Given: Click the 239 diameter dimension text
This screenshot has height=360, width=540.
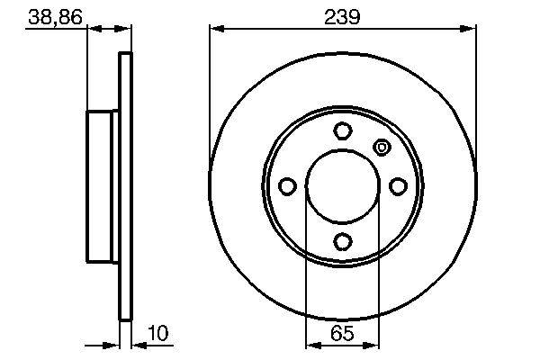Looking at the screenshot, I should pos(342,15).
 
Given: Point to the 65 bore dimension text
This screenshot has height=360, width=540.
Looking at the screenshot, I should pos(342,334).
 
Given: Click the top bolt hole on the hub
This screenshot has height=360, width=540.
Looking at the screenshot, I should pos(342,131).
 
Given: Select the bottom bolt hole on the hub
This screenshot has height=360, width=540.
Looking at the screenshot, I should pos(342,240).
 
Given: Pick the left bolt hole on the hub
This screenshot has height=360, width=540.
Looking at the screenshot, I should pos(287,186).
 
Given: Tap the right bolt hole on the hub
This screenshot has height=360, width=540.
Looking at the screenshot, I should pos(397,186).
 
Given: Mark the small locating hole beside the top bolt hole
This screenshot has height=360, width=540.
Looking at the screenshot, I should pos(381,147).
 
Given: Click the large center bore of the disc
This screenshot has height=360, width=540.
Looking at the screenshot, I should pos(342,186).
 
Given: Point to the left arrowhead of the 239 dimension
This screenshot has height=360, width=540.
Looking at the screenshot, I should pos(216,29).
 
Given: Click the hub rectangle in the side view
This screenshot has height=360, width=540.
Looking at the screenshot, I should pos(102,186).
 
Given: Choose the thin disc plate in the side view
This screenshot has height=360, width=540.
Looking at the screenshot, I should pos(126,186).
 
